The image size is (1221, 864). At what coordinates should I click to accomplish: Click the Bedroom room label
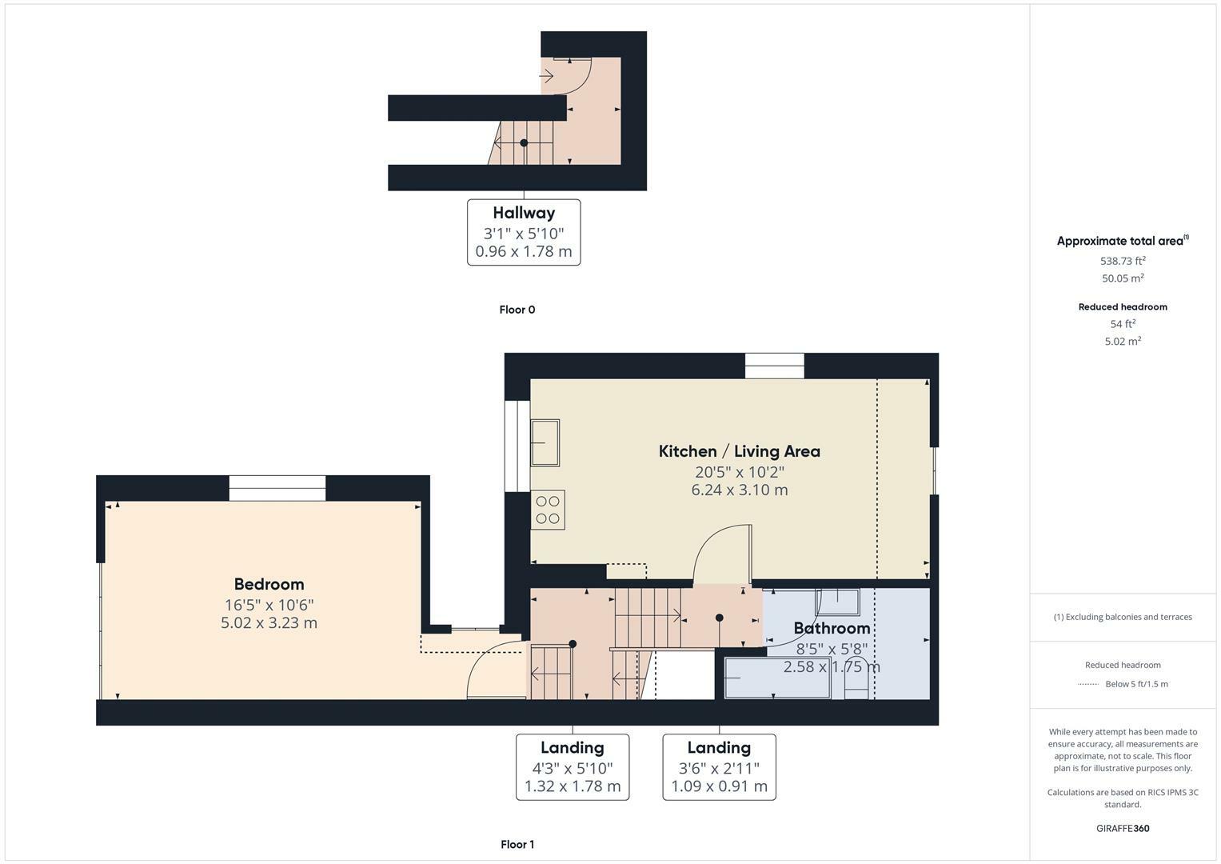[269, 584]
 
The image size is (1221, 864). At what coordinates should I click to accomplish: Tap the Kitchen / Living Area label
[739, 451]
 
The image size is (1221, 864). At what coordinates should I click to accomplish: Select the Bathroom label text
[832, 628]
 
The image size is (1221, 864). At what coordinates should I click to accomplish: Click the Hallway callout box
[524, 232]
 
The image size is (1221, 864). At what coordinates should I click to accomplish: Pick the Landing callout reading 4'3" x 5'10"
[572, 766]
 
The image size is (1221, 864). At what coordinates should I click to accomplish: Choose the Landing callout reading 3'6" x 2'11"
[719, 766]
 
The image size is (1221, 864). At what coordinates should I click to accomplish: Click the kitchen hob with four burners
[548, 510]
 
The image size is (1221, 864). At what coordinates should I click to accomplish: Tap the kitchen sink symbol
[545, 442]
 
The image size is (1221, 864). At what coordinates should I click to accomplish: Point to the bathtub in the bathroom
[777, 678]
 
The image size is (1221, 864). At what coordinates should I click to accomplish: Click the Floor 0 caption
[517, 310]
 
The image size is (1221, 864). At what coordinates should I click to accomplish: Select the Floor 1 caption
[517, 844]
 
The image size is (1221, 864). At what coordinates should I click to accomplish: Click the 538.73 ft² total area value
[1123, 261]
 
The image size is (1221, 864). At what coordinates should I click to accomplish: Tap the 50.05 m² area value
[1123, 278]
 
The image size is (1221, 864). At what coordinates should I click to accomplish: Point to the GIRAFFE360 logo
[1123, 828]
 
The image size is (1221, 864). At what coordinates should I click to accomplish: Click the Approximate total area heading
[1122, 241]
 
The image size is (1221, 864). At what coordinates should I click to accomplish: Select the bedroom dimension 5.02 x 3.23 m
[269, 622]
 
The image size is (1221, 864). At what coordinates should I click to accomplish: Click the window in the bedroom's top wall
[277, 488]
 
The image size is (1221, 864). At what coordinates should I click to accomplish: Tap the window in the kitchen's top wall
[774, 366]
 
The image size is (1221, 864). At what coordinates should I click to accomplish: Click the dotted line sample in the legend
[1088, 684]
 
